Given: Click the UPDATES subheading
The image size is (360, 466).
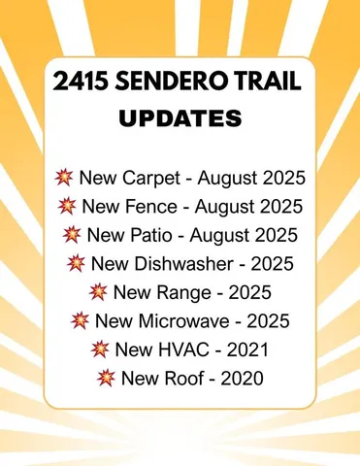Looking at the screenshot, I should click(x=180, y=119).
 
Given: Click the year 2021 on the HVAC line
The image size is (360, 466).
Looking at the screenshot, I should click(x=247, y=348).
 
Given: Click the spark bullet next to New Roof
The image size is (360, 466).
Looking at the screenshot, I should click(x=105, y=376).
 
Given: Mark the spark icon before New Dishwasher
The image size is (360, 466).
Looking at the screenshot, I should click(x=76, y=263).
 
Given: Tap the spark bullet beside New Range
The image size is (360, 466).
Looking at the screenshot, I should click(x=97, y=291).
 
